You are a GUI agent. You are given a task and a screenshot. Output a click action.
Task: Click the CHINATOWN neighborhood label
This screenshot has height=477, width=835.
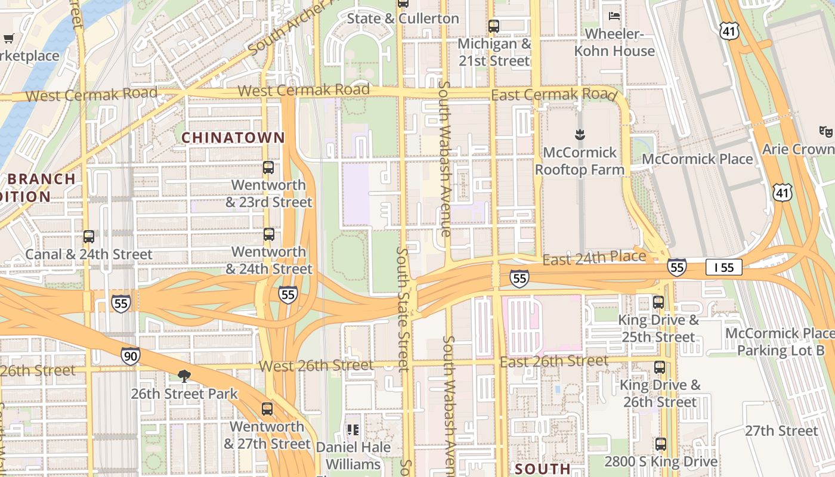pos(233,138)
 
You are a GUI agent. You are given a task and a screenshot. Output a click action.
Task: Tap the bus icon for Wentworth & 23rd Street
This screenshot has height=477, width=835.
pos(268,168)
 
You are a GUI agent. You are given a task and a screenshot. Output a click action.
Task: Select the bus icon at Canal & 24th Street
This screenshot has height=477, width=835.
pos(89,237)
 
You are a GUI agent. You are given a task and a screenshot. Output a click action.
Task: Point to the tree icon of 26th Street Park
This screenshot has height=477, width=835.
pos(184,376)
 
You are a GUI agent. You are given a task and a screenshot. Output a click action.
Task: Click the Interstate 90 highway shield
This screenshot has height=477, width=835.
pos(131,356)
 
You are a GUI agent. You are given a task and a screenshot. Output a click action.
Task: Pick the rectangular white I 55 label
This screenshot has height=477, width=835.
pos(724,268)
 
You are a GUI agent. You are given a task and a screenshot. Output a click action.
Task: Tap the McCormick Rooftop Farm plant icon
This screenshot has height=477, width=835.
pos(579,134)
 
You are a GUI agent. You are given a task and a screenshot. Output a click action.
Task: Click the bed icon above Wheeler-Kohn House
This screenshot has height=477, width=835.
pos(614,16)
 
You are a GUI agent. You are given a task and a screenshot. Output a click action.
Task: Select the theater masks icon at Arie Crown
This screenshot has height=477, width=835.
pos(825,131)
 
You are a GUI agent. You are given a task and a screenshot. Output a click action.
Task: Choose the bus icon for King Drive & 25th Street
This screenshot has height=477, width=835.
pos(658,302)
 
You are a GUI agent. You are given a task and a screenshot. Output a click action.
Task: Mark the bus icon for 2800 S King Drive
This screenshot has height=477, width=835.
pos(660,444)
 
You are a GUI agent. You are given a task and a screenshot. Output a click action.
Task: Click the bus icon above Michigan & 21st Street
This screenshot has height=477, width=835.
pos(494,26)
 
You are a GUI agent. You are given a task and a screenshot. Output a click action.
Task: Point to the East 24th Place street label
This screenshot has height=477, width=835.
pos(594,258)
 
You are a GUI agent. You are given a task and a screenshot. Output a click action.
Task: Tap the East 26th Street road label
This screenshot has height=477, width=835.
pos(554,361)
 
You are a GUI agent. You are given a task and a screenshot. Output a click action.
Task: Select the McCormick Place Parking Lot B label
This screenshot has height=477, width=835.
pos(780,342)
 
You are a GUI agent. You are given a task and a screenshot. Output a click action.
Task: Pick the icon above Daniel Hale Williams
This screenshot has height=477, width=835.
pos(353,429)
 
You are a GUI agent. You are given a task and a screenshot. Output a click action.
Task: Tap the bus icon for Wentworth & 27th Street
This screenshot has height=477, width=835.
pos(267,409)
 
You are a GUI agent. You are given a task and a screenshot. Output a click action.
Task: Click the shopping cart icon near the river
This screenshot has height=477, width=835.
pos(9,39)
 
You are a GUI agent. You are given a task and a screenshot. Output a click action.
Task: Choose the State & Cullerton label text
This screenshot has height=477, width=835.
pos(403,18)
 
